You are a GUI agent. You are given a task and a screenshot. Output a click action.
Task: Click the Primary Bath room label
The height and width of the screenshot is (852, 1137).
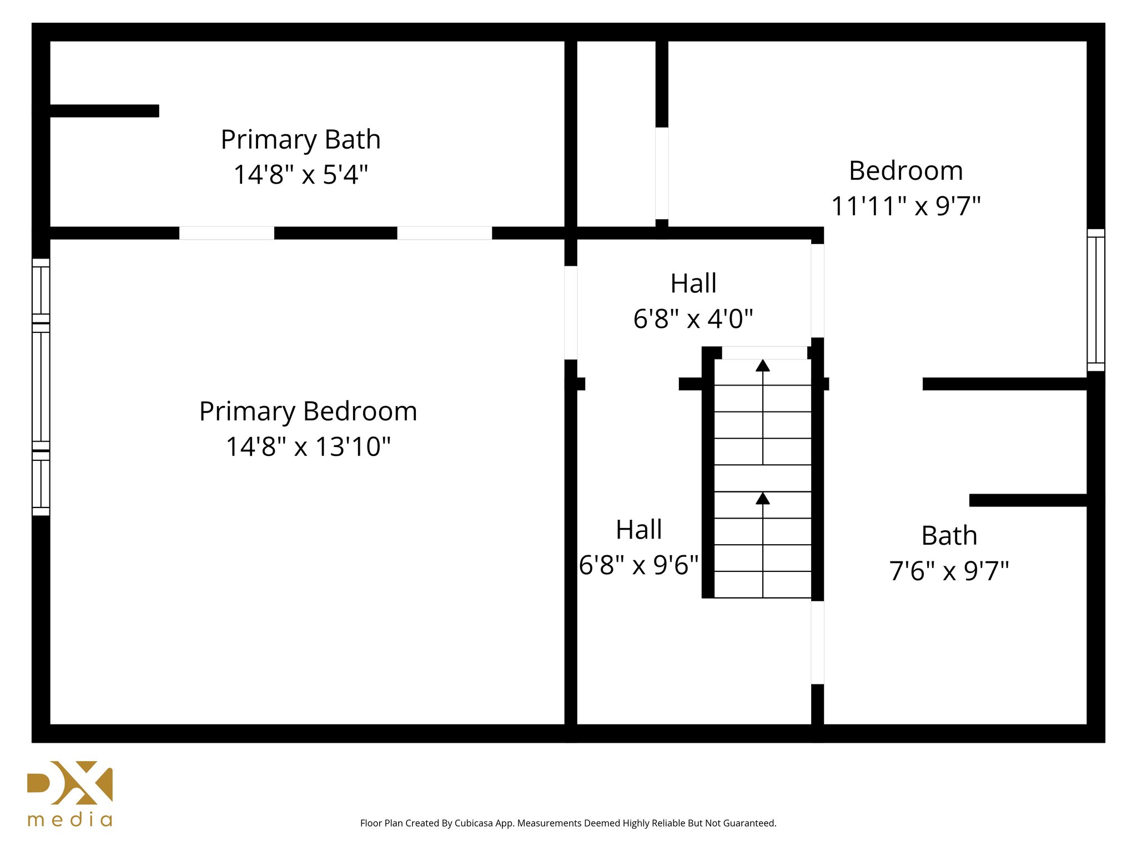pos(300,139)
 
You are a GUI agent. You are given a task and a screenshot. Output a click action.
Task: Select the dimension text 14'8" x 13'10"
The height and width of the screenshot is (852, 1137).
pos(308,447)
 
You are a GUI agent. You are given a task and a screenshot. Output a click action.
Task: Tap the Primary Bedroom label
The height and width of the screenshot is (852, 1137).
pos(308,411)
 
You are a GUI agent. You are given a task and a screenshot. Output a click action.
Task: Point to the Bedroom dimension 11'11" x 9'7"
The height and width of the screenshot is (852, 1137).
pos(905,206)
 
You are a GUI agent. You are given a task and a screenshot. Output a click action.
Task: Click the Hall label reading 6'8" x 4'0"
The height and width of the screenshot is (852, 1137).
pos(693,319)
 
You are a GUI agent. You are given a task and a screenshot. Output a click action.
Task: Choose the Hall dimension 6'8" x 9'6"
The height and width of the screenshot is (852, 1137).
pos(638,565)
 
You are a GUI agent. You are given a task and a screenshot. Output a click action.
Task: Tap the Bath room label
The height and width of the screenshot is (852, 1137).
pos(949,535)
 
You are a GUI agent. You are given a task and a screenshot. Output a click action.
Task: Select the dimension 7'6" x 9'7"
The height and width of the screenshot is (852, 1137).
pos(949,571)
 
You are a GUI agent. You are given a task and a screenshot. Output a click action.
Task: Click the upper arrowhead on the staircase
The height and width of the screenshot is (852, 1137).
pos(763,366)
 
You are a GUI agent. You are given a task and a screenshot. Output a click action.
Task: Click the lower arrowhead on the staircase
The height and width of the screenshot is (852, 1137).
pos(763,499)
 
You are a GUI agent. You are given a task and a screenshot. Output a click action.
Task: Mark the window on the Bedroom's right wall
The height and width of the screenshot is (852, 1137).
pos(1095,300)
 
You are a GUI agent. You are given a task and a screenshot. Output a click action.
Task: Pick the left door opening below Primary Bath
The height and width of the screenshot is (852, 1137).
pos(227,233)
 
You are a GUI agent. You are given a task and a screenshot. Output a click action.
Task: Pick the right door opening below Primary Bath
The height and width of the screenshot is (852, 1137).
pos(444,233)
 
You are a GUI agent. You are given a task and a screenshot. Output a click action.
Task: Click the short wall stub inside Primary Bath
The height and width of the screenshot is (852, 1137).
pos(104,111)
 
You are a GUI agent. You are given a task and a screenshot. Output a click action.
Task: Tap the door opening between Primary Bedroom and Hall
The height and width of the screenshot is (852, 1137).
pos(571,312)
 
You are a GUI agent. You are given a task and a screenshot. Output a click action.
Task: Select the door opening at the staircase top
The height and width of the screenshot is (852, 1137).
pos(764,353)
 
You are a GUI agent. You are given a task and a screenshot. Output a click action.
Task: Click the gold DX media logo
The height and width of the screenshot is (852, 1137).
pos(71,783)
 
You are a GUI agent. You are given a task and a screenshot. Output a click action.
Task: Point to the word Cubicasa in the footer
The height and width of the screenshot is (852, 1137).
pos(473,823)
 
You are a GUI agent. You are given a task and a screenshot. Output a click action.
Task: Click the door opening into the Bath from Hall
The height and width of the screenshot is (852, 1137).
pos(817,642)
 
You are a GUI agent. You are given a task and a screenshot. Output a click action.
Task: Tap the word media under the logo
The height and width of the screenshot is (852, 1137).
pos(71,820)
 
